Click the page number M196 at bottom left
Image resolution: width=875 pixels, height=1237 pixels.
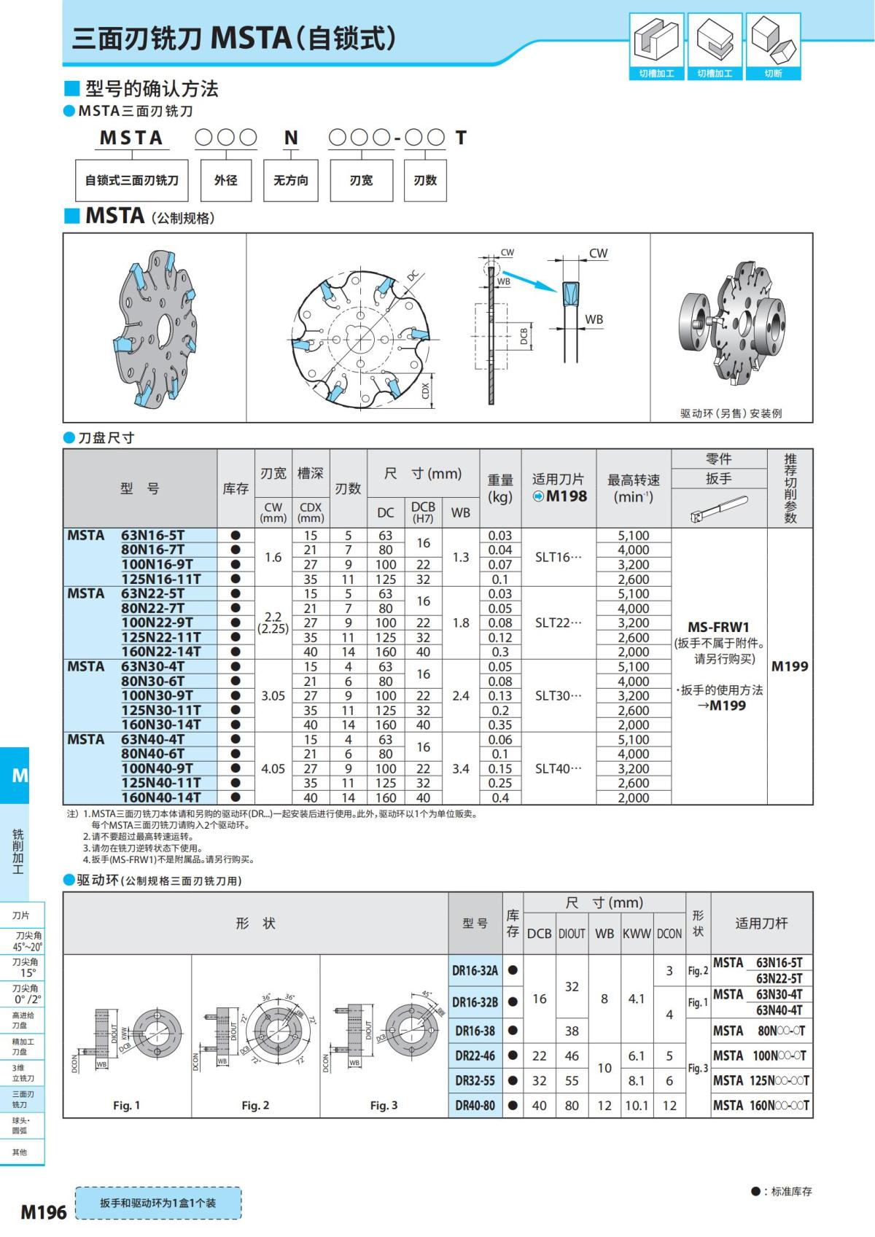(43, 1211)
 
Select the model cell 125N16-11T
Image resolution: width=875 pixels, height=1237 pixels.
(160, 580)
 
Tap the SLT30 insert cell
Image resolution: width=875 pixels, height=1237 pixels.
(559, 696)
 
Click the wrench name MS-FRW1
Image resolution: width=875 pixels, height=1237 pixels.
(718, 627)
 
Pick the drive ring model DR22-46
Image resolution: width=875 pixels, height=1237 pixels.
(475, 1055)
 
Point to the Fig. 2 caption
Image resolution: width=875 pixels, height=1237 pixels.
(255, 1106)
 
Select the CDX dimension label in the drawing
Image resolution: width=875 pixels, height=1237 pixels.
(426, 391)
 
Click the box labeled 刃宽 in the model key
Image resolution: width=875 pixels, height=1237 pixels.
(361, 180)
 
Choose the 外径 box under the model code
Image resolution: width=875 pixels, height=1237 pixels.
(225, 180)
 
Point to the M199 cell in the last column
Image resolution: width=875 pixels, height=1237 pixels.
(790, 666)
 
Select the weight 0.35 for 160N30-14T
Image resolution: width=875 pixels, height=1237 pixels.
(500, 725)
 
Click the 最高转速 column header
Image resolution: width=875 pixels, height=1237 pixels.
(633, 488)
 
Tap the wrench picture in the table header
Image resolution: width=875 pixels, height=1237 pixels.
(718, 509)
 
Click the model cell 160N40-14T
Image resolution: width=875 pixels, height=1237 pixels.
(160, 797)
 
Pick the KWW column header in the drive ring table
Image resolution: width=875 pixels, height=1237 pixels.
(636, 934)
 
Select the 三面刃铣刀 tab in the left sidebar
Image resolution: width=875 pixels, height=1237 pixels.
(23, 1099)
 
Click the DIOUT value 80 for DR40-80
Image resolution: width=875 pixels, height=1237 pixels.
(572, 1106)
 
